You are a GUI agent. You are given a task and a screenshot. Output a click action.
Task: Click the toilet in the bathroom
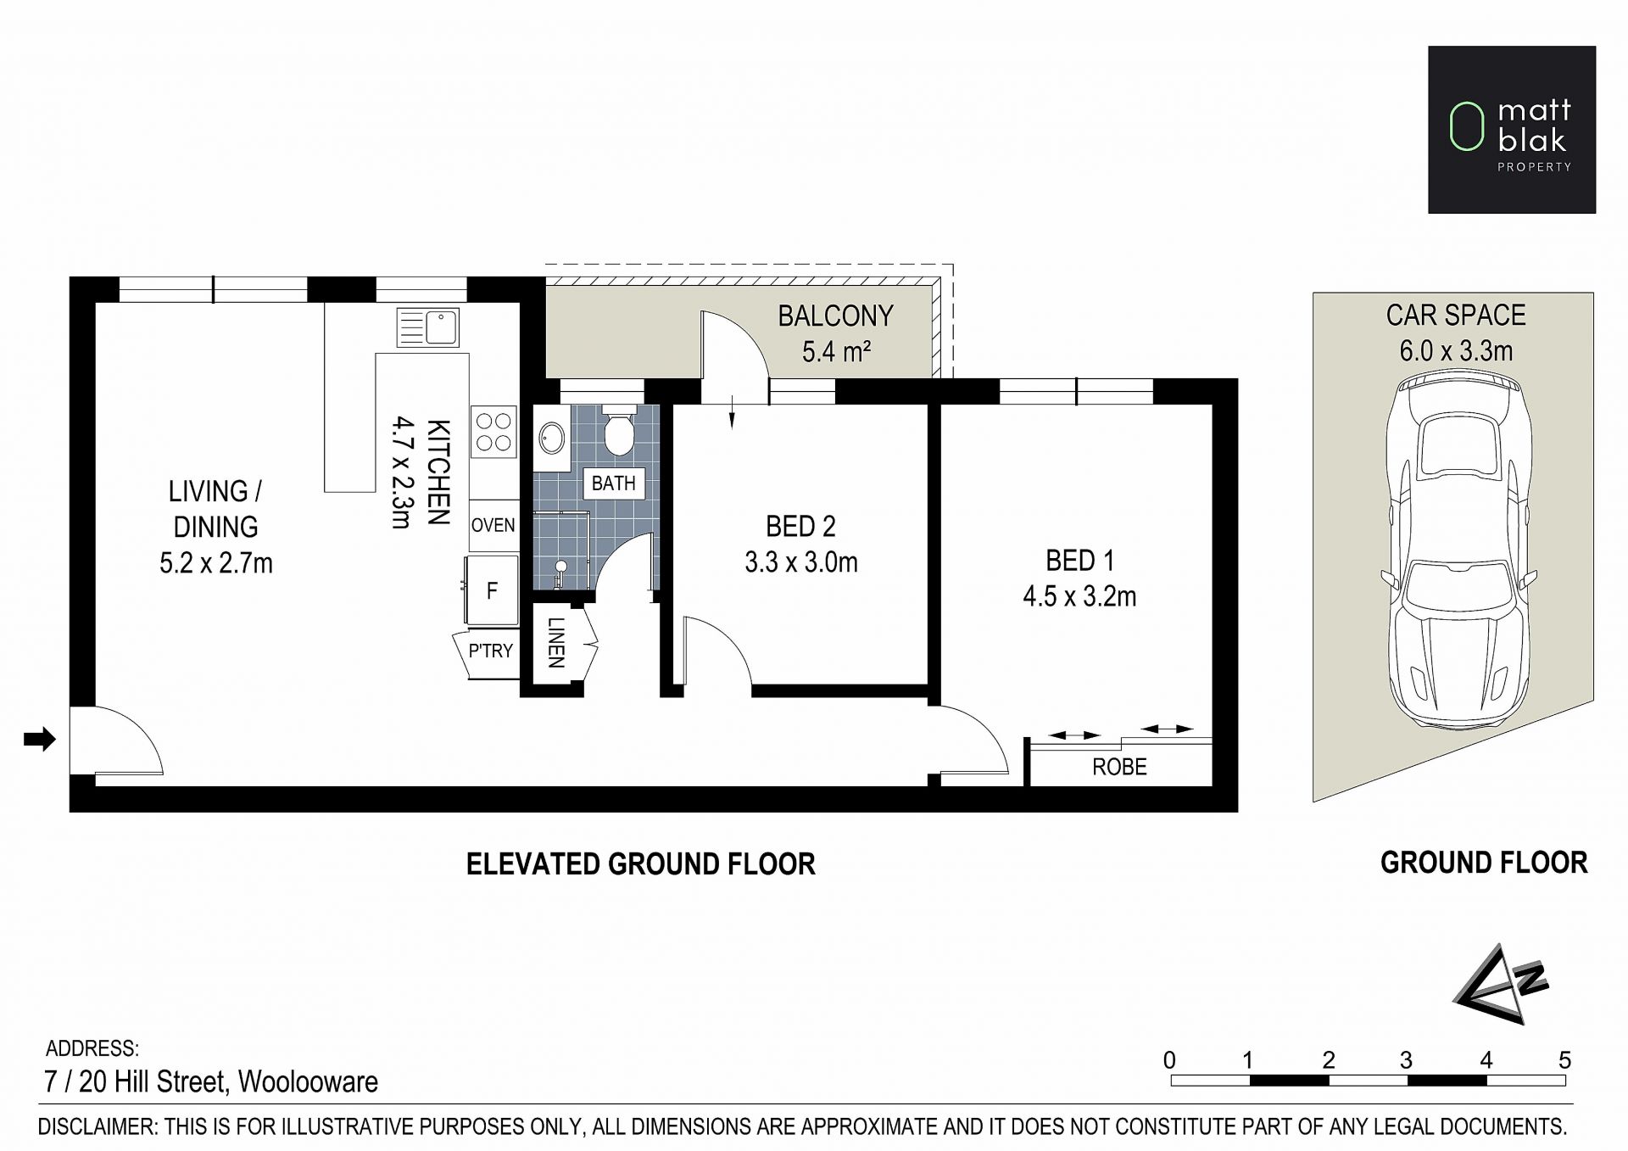pos(618,432)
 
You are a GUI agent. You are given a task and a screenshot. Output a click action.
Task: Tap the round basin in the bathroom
pos(553,439)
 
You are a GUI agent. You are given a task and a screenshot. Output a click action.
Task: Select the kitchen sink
pos(428,327)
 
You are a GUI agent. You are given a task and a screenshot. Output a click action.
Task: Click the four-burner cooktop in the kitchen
pos(493,431)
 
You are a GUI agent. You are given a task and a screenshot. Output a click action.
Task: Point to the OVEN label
pos(493,525)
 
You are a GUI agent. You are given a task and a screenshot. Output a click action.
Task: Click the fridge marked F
pos(491,590)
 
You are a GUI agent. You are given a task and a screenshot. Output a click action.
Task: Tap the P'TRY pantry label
pos(491,651)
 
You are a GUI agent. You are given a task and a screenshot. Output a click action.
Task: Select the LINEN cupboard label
pos(556,642)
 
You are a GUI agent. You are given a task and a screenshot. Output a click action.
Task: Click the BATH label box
pos(613,483)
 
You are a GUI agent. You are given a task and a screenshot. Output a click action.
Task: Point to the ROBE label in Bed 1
pos(1119,767)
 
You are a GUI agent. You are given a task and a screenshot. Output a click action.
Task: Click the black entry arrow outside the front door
pos(39,739)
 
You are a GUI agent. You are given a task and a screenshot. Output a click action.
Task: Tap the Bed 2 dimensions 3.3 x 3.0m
pos(801,562)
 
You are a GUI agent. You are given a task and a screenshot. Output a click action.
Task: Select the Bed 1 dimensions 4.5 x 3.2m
pos(1079,596)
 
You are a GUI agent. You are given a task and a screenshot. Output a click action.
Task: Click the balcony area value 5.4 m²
pos(837,351)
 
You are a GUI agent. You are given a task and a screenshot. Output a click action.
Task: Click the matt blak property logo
pos(1512,130)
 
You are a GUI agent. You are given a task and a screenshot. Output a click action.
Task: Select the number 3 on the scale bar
pos(1406,1060)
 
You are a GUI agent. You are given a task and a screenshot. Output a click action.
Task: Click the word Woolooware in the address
pos(308,1081)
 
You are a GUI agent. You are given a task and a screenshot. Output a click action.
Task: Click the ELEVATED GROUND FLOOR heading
pos(641,864)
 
